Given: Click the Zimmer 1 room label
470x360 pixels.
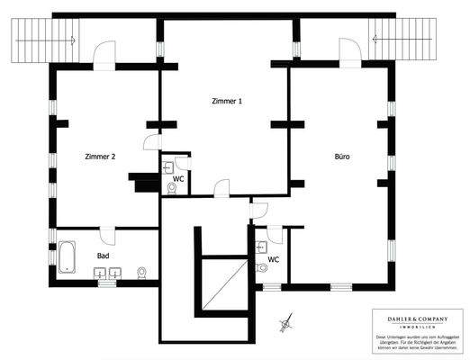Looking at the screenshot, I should point(226,102).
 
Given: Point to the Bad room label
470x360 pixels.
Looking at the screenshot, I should point(104,256).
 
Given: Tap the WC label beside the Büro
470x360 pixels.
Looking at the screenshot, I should point(273,259).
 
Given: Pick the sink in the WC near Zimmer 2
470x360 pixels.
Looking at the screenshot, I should point(169,166).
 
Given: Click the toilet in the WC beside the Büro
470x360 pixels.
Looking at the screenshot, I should point(262,267).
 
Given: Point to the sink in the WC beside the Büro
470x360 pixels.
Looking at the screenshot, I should point(260,246).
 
